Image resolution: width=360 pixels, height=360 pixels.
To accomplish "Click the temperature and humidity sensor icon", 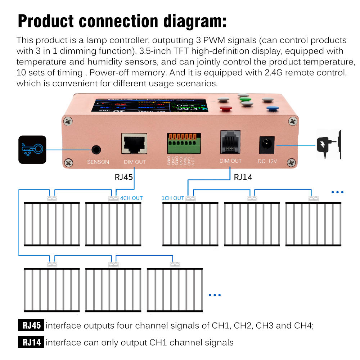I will tap(32, 150).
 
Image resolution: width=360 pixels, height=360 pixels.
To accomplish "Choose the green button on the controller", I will tap(245, 99).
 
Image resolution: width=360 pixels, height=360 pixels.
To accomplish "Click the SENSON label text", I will tap(98, 162).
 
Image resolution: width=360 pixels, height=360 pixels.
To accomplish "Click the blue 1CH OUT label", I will tap(173, 198).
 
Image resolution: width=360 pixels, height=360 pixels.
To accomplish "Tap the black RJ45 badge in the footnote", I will tap(31, 326).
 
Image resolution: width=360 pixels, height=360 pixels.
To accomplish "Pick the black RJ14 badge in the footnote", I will tap(31, 342).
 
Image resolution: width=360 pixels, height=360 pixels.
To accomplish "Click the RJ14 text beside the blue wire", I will tap(243, 177).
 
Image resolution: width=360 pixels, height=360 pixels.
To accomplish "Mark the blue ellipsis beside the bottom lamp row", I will tap(215, 295).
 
